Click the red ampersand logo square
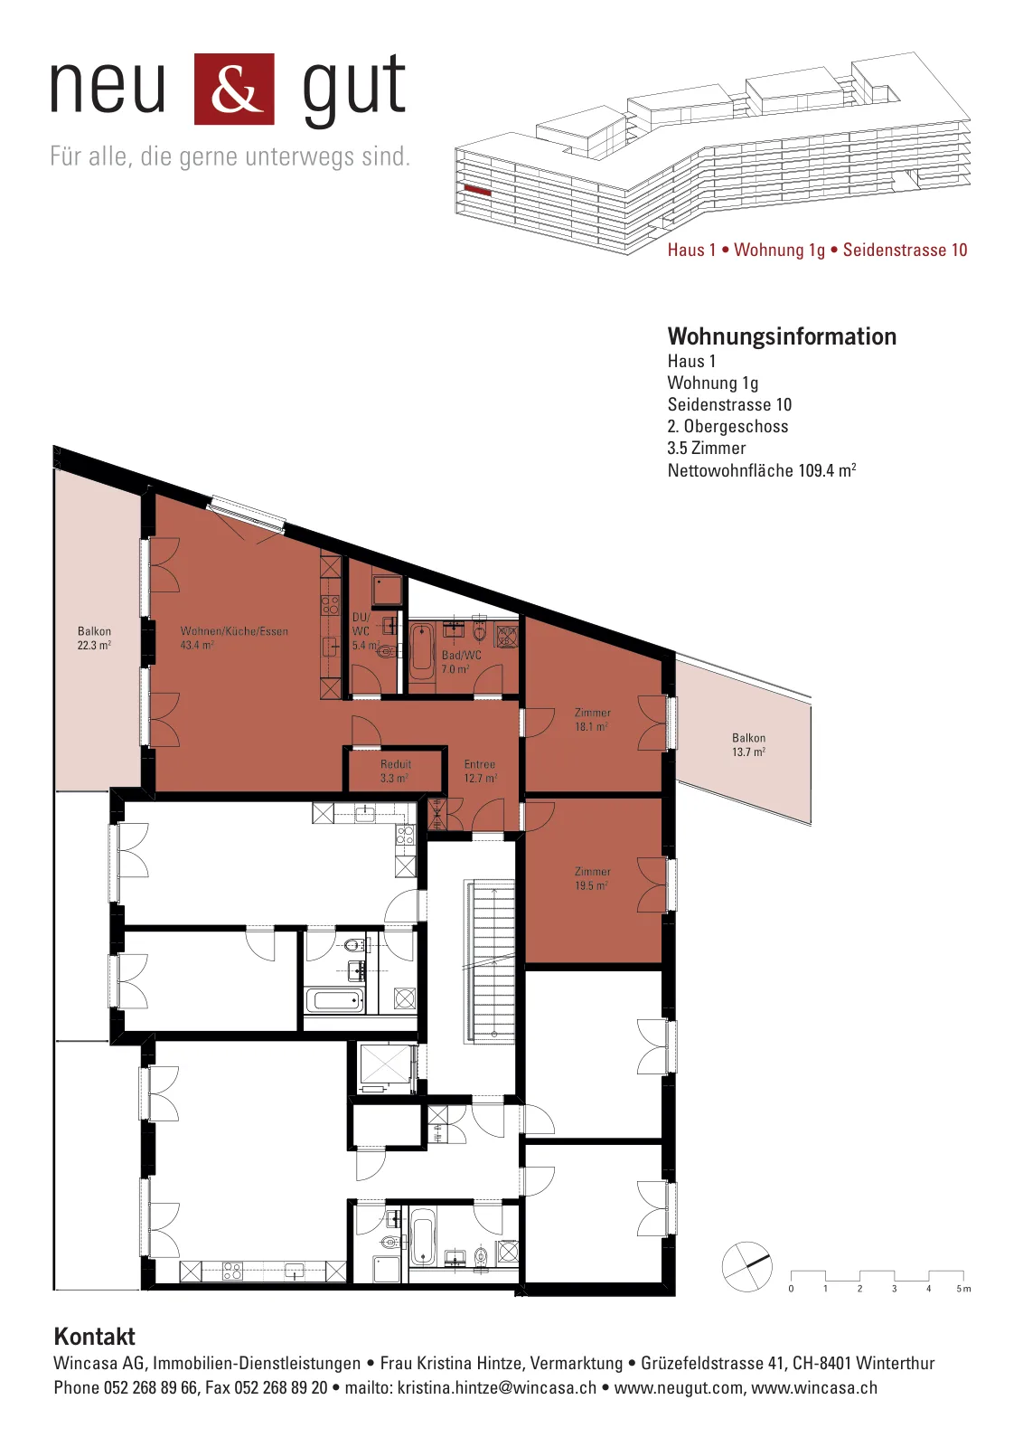click(234, 89)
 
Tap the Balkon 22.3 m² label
click(94, 638)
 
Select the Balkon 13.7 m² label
click(748, 744)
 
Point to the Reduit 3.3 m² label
click(395, 771)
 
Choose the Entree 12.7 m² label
click(480, 771)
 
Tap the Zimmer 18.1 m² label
click(592, 719)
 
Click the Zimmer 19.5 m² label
click(592, 878)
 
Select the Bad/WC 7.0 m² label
click(461, 661)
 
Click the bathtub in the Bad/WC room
click(423, 650)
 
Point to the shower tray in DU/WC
click(387, 590)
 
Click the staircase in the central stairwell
click(490, 960)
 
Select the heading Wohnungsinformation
click(782, 336)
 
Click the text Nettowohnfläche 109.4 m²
click(762, 469)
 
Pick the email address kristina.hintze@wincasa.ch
click(496, 1387)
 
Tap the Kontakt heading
click(94, 1336)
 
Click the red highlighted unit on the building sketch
click(478, 191)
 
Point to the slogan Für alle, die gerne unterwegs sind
click(230, 157)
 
